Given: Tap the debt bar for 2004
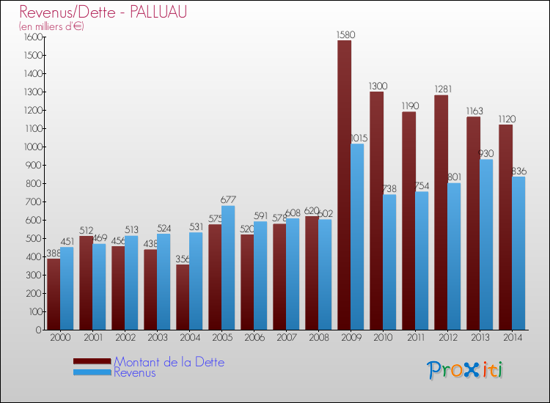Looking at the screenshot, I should pyautogui.click(x=183, y=297).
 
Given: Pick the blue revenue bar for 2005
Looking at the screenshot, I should pyautogui.click(x=228, y=267).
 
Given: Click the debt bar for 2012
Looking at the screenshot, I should pyautogui.click(x=441, y=212).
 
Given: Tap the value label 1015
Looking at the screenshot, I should pyautogui.click(x=358, y=138).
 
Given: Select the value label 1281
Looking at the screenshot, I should pyautogui.click(x=441, y=89).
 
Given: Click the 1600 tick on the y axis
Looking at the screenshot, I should pyautogui.click(x=32, y=37).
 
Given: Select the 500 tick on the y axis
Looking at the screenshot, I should pyautogui.click(x=34, y=238).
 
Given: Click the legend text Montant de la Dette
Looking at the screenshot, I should pyautogui.click(x=169, y=362).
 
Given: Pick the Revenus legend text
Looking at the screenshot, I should pyautogui.click(x=135, y=373).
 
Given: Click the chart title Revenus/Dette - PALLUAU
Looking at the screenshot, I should pyautogui.click(x=103, y=12).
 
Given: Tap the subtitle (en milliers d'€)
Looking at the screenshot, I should pyautogui.click(x=52, y=26).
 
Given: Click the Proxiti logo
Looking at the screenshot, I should pyautogui.click(x=465, y=369).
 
